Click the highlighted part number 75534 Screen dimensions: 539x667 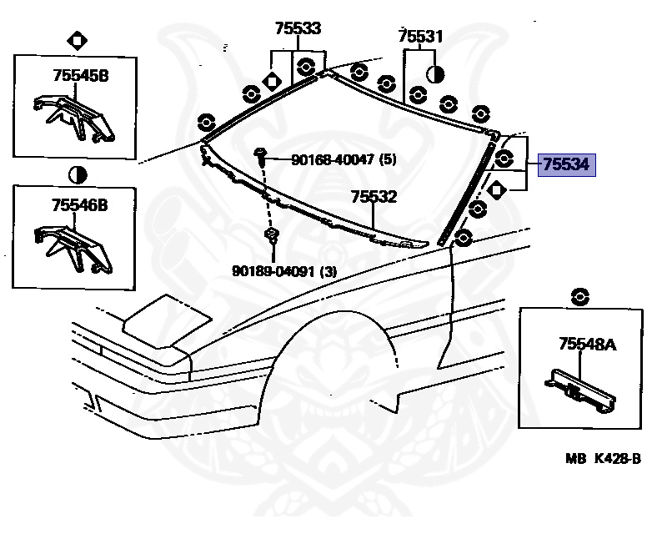(x=565, y=165)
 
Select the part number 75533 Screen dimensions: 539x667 (x=298, y=28)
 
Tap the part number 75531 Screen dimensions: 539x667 (x=420, y=37)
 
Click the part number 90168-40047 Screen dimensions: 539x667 (x=333, y=159)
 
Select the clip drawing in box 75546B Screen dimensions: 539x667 (x=73, y=245)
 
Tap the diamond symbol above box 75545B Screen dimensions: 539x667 (x=76, y=39)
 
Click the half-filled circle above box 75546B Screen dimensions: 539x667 (x=76, y=174)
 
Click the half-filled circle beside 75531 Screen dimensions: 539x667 (x=434, y=74)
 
